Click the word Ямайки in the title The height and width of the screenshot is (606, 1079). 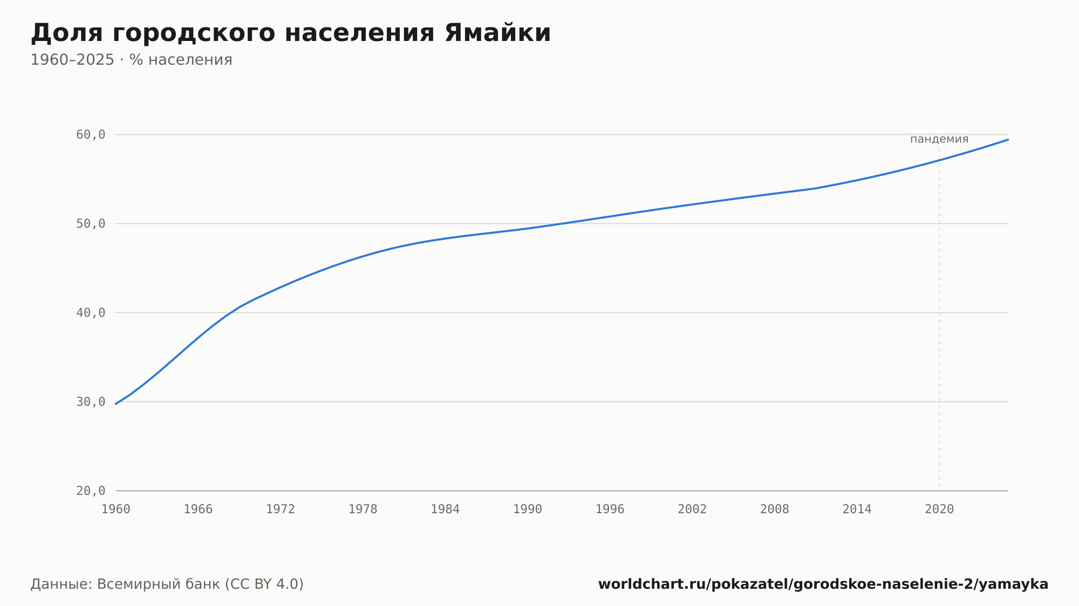pos(497,33)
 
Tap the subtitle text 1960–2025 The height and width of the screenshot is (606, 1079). pos(72,60)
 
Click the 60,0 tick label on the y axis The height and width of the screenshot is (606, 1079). pos(91,135)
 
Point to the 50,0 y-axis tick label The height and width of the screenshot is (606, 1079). pos(91,224)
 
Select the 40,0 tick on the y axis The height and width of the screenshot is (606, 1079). pos(91,313)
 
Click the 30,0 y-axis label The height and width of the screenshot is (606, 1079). pos(91,402)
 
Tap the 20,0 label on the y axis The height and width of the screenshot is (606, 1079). pos(91,491)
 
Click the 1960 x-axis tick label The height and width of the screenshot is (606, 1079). pos(116,509)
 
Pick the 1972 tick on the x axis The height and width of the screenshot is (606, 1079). pos(281,509)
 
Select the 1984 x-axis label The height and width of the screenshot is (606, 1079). pos(445,509)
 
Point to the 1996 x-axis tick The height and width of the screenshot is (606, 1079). pos(610,509)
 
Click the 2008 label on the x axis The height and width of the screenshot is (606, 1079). pos(775,509)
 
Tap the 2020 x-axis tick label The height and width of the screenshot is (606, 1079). pos(939,509)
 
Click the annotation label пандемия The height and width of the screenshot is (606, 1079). pos(939,139)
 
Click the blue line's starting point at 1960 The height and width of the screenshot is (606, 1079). pos(116,404)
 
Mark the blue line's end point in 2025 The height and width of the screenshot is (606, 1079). pos(1008,140)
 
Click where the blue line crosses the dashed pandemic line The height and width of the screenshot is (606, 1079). pos(939,160)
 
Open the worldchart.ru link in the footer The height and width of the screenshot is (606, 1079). pos(823,584)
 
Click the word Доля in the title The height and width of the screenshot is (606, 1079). pos(66,34)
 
